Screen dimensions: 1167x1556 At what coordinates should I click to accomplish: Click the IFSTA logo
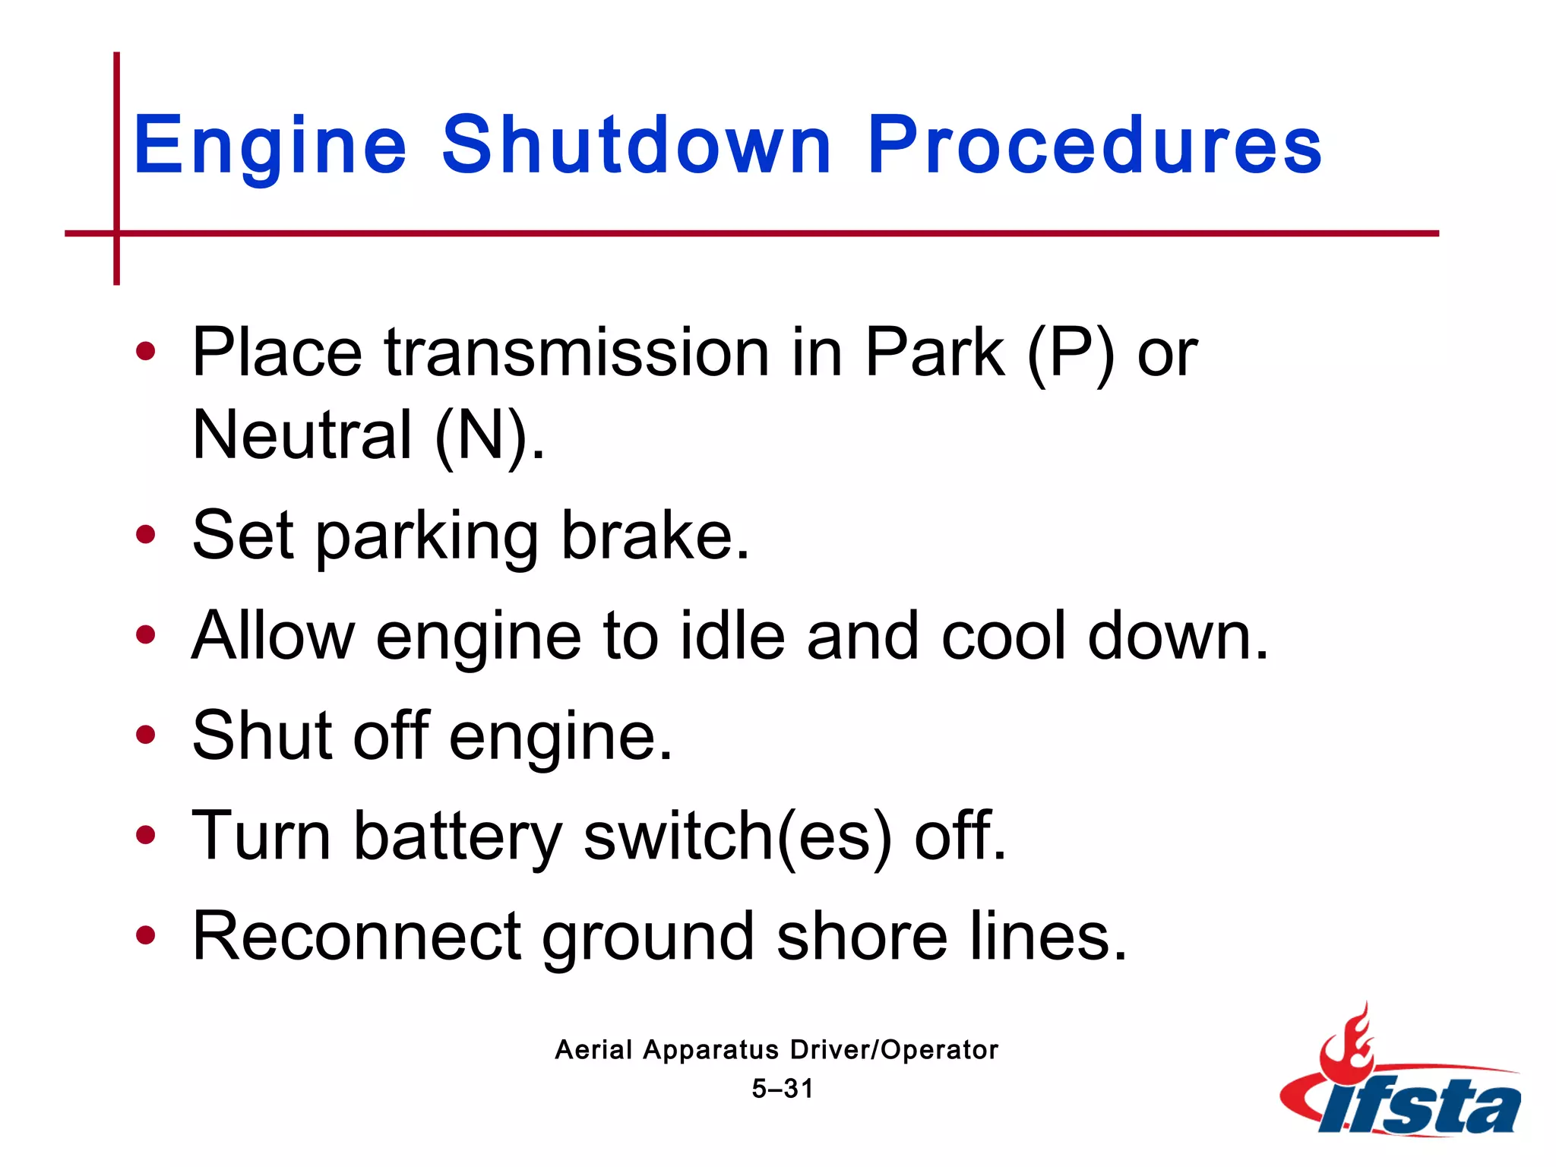[x=1402, y=1079]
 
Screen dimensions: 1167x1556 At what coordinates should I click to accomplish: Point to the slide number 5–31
[x=783, y=1089]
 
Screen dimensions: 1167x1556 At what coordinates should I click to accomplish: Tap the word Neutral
[x=302, y=435]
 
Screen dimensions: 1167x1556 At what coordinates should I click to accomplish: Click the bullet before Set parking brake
[x=145, y=535]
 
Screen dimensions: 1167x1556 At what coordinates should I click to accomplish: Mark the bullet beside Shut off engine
[x=145, y=735]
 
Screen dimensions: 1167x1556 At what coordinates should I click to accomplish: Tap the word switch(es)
[x=738, y=836]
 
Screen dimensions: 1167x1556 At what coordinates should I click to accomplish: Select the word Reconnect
[x=357, y=936]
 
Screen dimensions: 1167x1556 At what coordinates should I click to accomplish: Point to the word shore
[x=862, y=936]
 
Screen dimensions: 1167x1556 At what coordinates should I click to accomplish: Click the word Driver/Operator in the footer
[x=894, y=1050]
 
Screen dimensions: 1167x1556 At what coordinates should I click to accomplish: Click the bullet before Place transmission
[x=145, y=352]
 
